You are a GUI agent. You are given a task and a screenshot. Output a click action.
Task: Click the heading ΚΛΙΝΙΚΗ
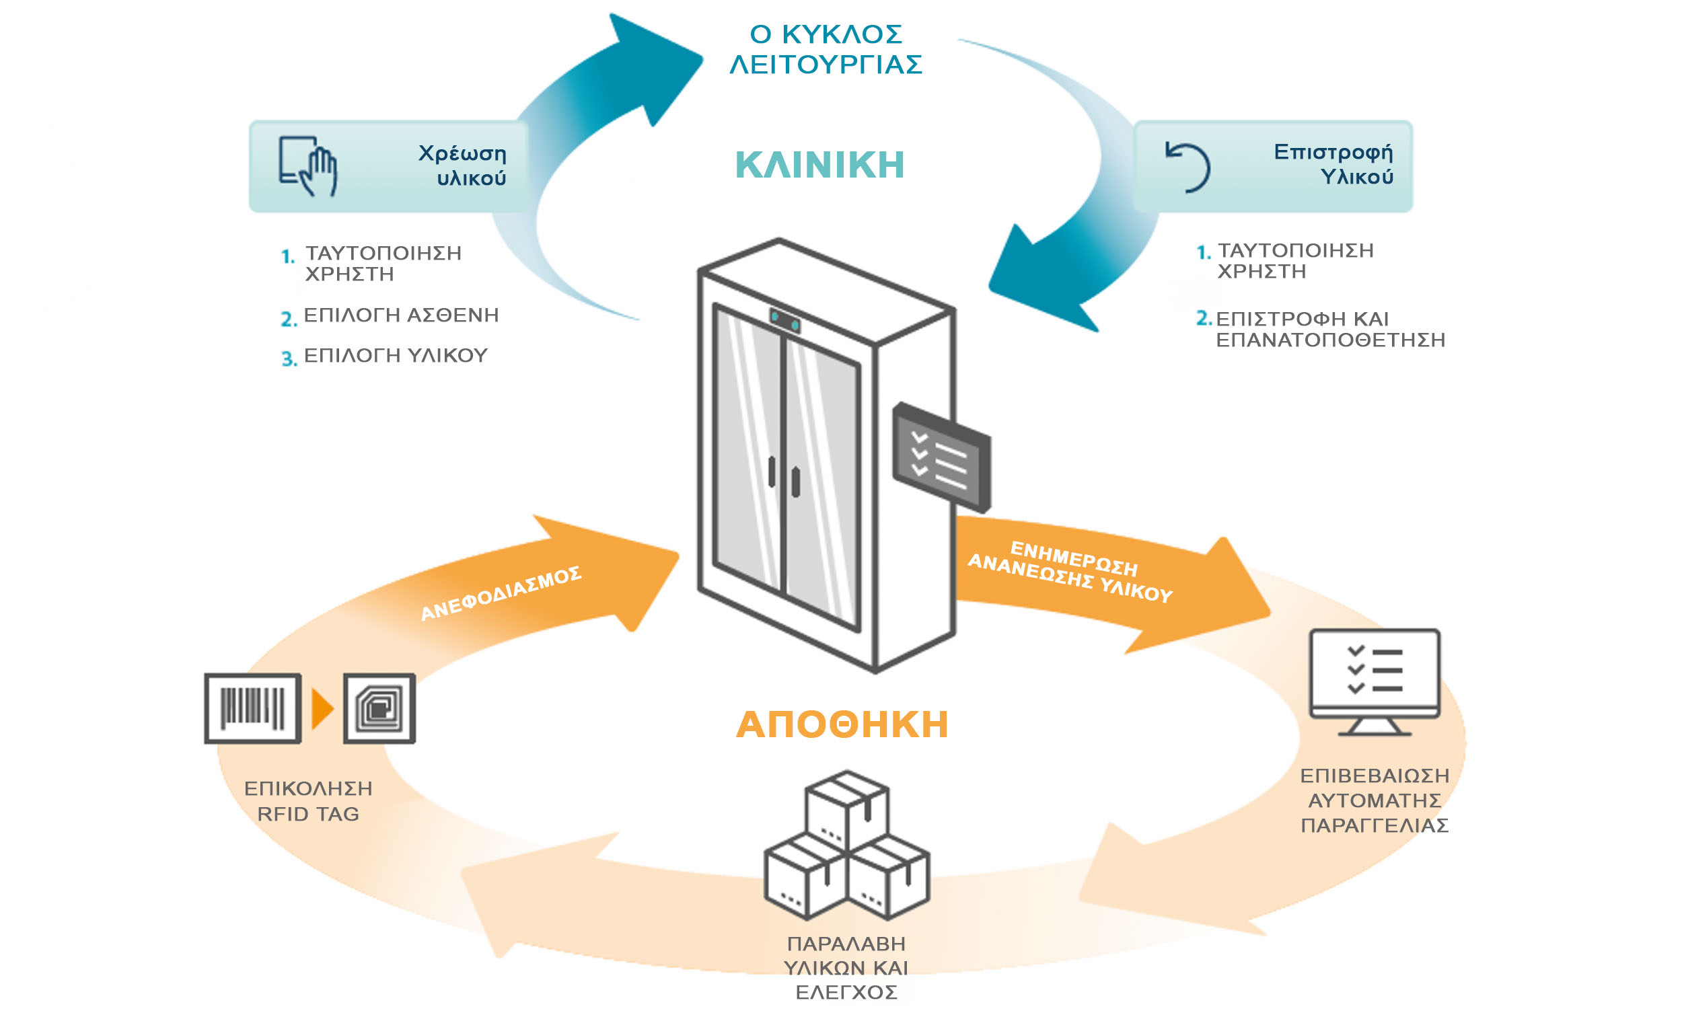point(819,165)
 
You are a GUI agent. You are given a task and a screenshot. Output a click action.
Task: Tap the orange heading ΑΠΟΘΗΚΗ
point(842,725)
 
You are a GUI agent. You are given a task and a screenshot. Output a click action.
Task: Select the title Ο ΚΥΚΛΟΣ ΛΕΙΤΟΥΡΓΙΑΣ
point(826,49)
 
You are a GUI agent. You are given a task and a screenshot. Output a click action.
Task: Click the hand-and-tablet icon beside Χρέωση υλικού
point(309,166)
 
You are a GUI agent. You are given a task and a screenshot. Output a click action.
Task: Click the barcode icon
point(252,708)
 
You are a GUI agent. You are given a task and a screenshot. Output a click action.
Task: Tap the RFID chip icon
point(379,708)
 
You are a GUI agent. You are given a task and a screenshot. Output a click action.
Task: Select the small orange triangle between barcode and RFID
point(322,708)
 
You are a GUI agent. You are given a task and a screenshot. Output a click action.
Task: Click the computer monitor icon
point(1374,681)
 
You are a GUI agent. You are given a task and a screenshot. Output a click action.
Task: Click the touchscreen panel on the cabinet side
point(941,457)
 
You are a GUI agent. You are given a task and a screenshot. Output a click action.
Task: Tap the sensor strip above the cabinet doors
point(785,320)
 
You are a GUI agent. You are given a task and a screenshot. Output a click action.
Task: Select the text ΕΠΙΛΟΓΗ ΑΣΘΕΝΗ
point(401,315)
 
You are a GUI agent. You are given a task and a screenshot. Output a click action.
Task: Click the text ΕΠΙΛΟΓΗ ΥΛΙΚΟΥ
point(395,356)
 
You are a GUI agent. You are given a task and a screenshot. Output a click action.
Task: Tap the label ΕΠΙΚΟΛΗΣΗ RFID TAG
point(308,801)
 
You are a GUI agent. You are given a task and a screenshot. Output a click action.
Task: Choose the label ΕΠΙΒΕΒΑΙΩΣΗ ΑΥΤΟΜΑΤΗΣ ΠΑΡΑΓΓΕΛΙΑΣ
point(1374,800)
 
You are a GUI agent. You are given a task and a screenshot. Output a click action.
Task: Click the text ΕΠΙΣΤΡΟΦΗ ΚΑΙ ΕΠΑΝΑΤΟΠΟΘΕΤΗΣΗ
point(1329,329)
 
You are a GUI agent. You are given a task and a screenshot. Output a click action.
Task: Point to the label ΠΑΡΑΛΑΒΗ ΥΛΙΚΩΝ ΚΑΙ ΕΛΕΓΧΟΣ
point(846,968)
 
